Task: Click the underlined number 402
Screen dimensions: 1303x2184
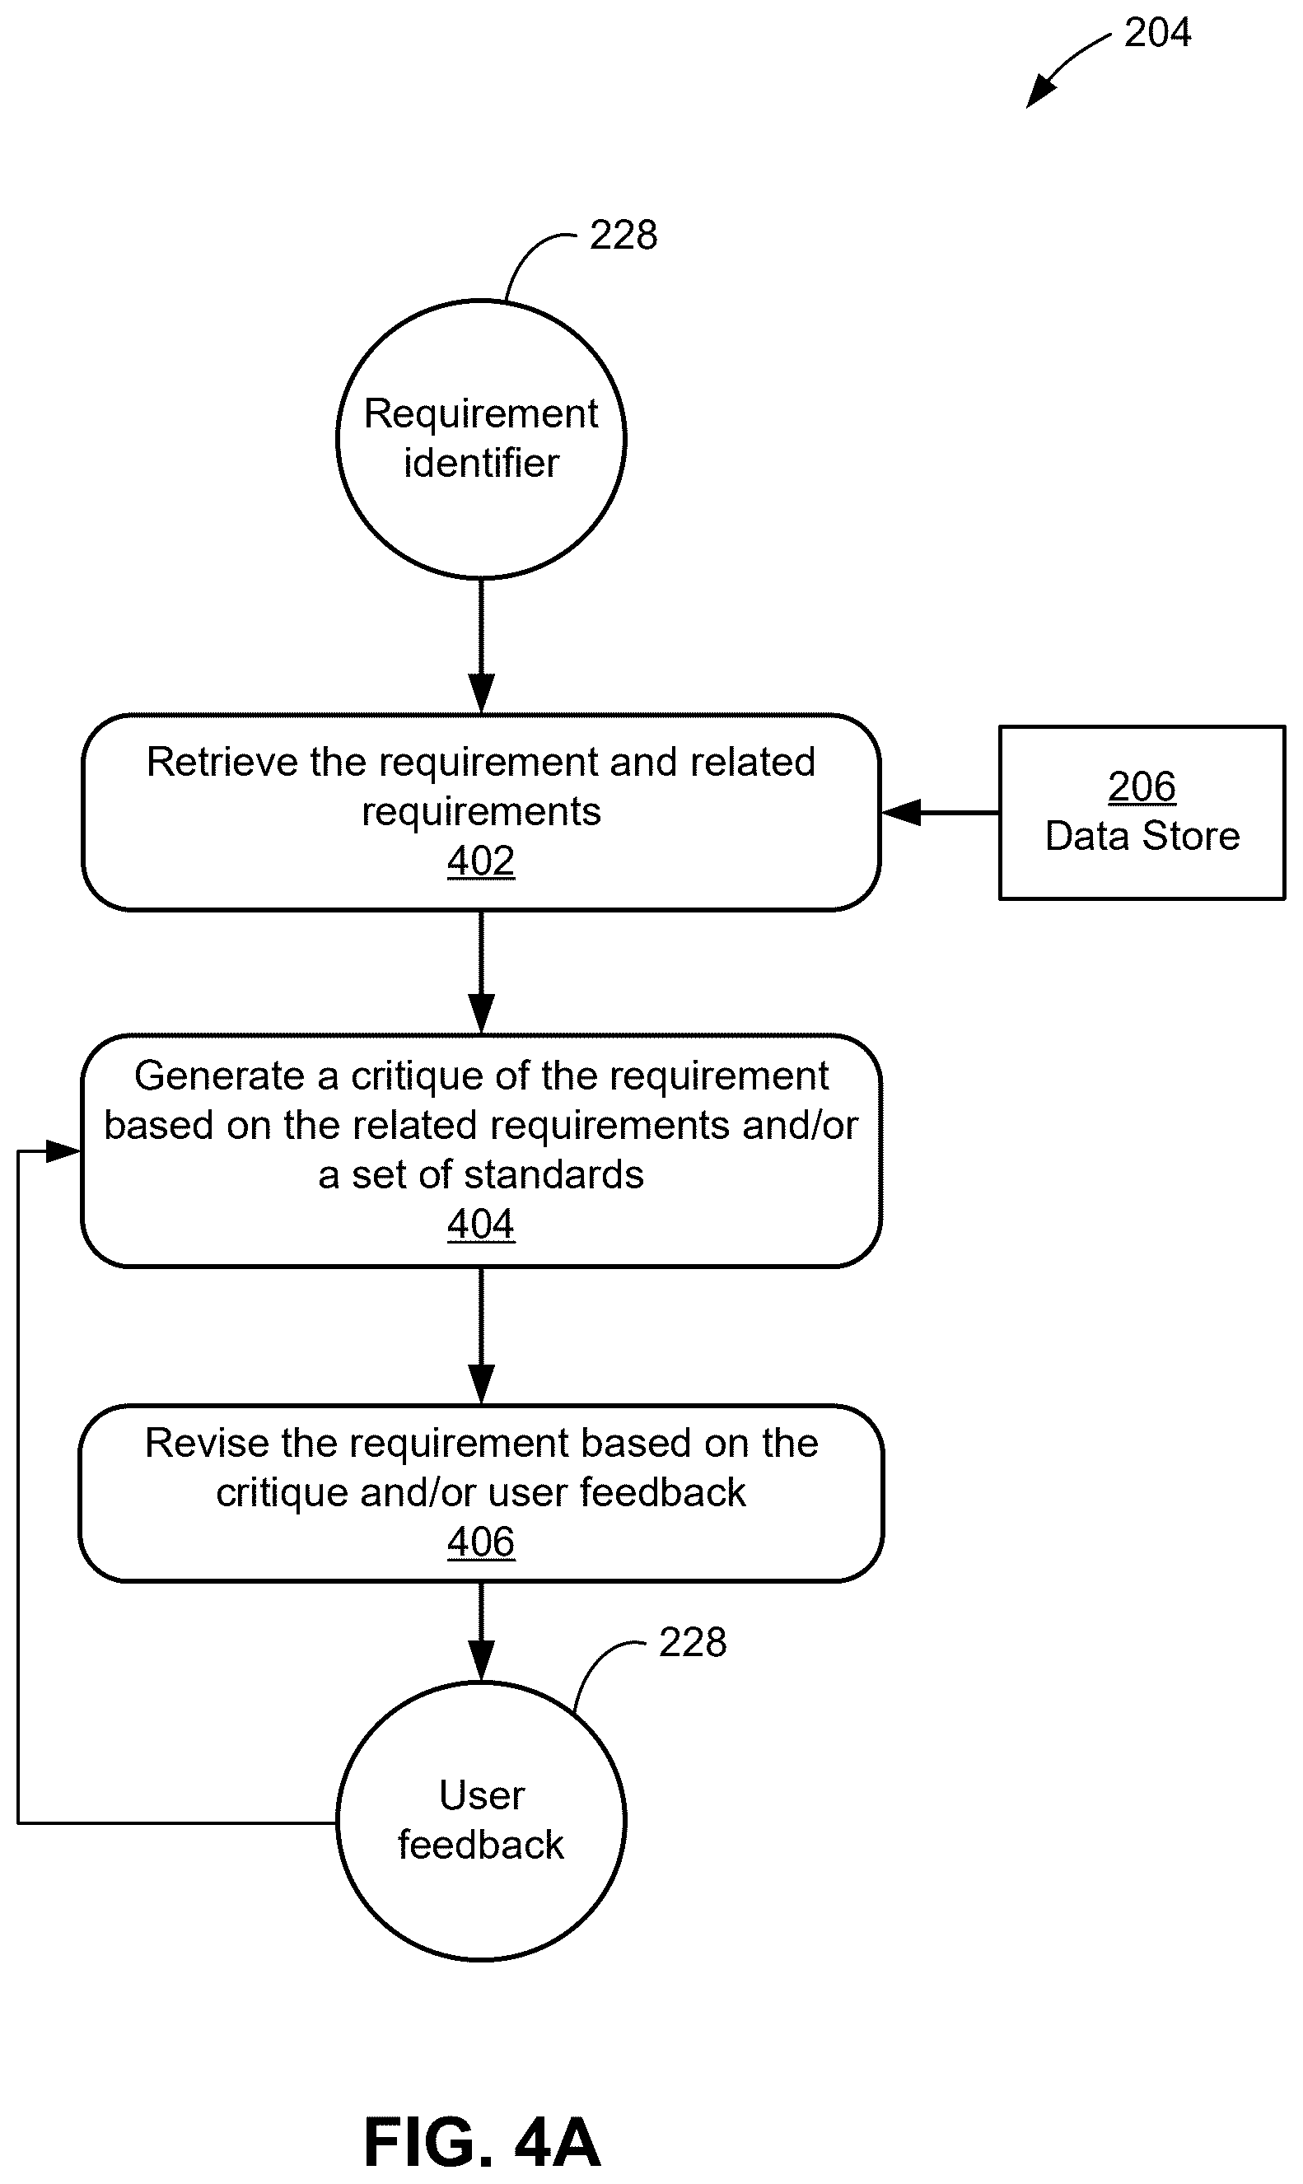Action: [481, 861]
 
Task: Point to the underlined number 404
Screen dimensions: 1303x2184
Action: [481, 1223]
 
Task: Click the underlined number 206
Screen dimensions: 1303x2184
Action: [1142, 786]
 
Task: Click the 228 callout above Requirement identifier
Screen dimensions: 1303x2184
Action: [623, 236]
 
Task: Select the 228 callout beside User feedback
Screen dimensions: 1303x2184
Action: [693, 1642]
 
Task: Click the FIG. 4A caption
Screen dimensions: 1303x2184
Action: [482, 2142]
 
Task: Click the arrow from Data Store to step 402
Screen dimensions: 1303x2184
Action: [940, 813]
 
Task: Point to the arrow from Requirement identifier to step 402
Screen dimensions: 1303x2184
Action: [481, 646]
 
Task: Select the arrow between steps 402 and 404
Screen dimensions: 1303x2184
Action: [481, 972]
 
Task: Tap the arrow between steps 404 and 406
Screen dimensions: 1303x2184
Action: [481, 1335]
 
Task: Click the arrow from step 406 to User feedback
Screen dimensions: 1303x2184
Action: [481, 1631]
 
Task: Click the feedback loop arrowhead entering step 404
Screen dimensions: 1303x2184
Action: [63, 1150]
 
